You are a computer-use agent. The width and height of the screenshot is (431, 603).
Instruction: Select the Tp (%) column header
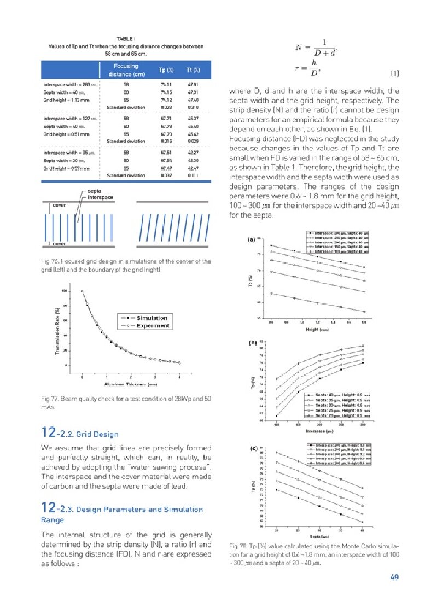click(x=166, y=70)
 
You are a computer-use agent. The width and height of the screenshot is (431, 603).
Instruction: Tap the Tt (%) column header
click(x=193, y=70)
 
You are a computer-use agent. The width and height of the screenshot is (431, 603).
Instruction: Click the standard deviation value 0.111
click(x=193, y=175)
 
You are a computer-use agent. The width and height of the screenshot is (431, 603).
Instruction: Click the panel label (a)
click(x=252, y=239)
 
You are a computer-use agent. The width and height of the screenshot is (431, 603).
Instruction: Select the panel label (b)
click(x=253, y=343)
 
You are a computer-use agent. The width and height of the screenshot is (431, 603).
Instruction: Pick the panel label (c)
click(x=253, y=449)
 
